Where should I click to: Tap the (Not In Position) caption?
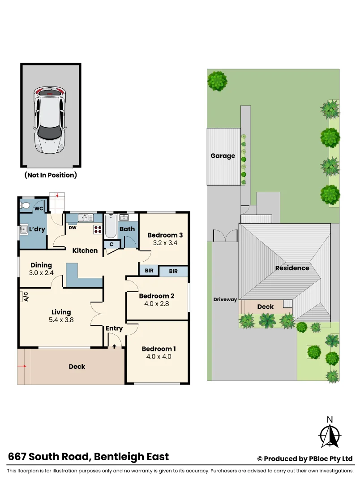[x=51, y=175]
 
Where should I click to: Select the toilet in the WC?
[x=25, y=206]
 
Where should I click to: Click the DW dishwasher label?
[x=72, y=227]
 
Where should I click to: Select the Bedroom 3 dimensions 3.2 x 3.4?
[x=165, y=243]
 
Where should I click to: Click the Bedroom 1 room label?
[x=159, y=349]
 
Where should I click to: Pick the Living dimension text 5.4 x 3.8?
[x=61, y=320]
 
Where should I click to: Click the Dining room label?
[x=41, y=265]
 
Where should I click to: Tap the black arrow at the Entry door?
[x=114, y=346]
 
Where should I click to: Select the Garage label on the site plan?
[x=223, y=156]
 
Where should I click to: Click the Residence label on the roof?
[x=292, y=268]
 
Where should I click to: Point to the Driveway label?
[x=225, y=299]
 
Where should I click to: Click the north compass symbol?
[x=330, y=433]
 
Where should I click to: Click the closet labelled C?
[x=111, y=244]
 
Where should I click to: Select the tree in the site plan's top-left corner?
[x=217, y=82]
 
